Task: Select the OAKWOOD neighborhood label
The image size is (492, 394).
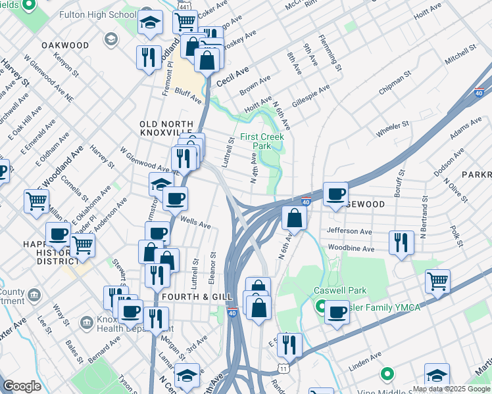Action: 64,45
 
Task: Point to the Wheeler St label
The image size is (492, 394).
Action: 393,128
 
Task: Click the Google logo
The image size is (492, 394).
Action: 22,386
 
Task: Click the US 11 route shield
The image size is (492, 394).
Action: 282,369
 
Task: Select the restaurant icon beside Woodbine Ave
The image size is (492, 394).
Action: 401,243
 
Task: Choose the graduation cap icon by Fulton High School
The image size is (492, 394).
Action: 151,23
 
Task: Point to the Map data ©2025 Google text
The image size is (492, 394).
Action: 451,389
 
